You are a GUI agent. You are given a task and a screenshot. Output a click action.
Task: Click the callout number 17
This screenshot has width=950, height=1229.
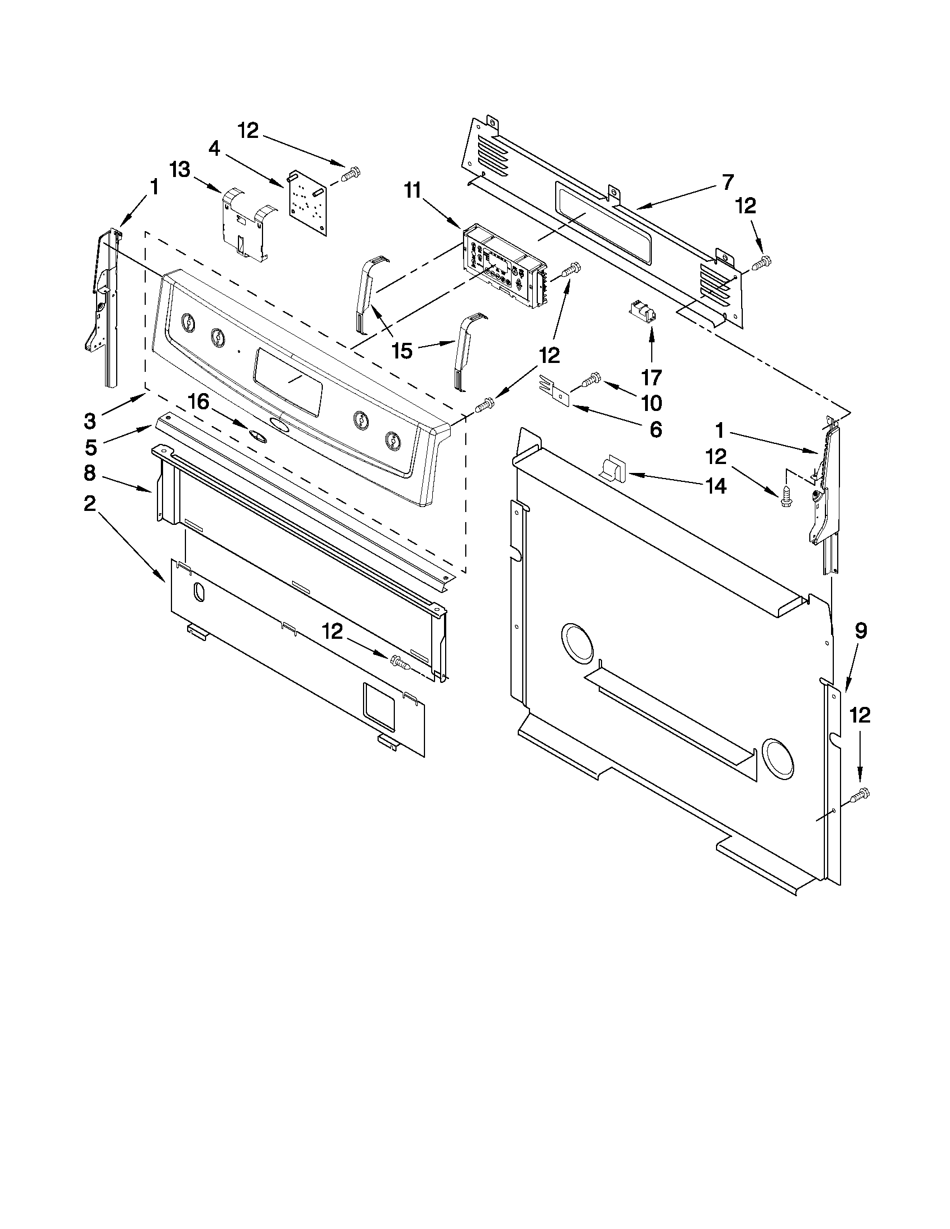[651, 376]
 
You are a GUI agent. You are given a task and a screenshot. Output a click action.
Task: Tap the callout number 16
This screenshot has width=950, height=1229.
[198, 402]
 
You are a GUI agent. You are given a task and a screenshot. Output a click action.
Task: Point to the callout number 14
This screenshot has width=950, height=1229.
[716, 485]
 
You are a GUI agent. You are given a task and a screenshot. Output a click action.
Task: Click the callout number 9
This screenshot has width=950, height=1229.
[861, 631]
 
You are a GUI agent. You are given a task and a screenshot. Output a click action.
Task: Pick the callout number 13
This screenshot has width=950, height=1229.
[180, 169]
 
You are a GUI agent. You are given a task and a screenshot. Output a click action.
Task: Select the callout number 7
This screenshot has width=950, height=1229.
[728, 182]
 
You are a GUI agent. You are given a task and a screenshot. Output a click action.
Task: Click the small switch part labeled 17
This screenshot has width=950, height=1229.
[643, 311]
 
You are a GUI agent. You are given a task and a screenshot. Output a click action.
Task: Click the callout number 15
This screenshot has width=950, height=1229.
[402, 351]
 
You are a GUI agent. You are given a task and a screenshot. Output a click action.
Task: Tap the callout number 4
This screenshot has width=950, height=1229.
[214, 149]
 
